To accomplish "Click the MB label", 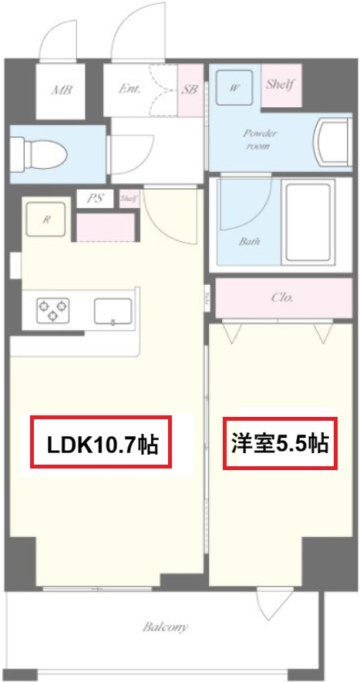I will coord(62,90).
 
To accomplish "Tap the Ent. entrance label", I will coord(130,89).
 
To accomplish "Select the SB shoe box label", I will coord(190,89).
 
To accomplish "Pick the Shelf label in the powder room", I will coord(281,84).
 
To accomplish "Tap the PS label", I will coord(95,199).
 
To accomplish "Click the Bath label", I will coord(249,241).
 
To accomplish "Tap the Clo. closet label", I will coord(282,297).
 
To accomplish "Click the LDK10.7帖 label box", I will coord(102,442).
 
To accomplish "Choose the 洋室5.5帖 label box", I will coord(280,443).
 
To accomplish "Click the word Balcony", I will coord(165,627).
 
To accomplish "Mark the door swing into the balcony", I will coord(270,605).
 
